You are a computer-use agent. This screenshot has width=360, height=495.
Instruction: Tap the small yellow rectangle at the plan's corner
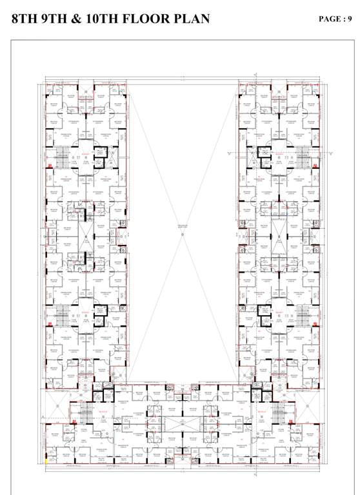(x=46, y=460)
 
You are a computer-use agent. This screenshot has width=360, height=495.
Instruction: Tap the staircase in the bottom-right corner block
(x=279, y=412)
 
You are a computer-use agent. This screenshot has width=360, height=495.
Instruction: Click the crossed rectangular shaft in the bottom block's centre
(x=181, y=423)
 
